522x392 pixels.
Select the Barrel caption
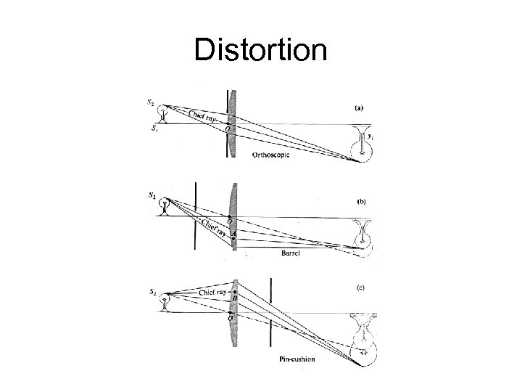click(291, 253)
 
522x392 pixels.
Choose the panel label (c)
click(358, 287)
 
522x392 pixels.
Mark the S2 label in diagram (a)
click(151, 102)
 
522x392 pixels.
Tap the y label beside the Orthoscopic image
click(370, 135)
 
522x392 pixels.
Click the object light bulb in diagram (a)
click(165, 113)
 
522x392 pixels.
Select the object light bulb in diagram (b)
click(165, 207)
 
